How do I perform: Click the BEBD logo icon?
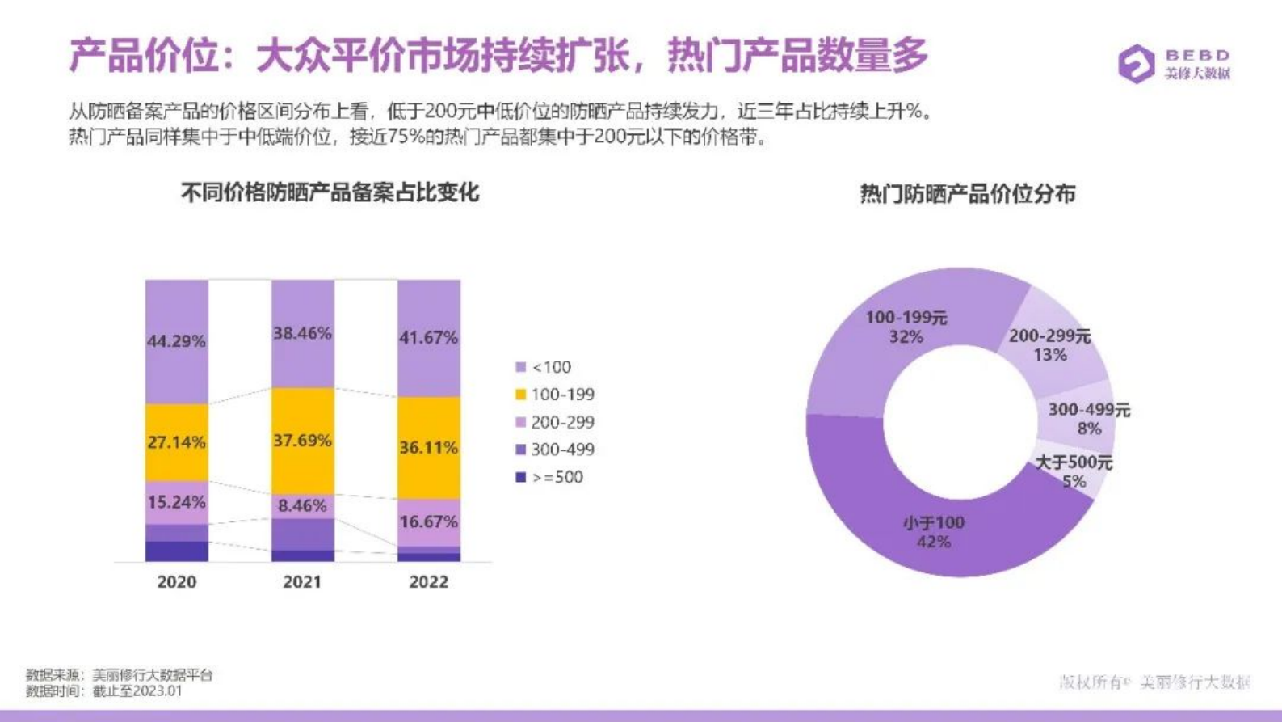(x=1136, y=64)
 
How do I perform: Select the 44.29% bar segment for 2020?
(x=176, y=341)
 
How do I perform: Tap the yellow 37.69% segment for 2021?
(x=302, y=441)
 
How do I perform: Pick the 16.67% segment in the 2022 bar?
(x=428, y=521)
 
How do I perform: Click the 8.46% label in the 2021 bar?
(x=302, y=506)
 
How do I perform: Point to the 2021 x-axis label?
(x=302, y=581)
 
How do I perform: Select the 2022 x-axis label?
(x=428, y=581)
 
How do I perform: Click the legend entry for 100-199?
(x=554, y=395)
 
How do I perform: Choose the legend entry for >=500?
(x=549, y=477)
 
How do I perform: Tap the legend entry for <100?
(x=543, y=367)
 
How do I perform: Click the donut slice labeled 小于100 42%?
(x=934, y=532)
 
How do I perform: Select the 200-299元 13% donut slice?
(x=1050, y=345)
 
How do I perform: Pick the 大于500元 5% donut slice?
(x=1074, y=471)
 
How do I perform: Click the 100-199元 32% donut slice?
(x=906, y=327)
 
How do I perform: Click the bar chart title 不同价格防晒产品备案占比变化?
(x=330, y=192)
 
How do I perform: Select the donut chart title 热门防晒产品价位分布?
(x=967, y=194)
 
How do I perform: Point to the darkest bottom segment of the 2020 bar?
(x=176, y=551)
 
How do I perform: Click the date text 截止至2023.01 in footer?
(x=137, y=690)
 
